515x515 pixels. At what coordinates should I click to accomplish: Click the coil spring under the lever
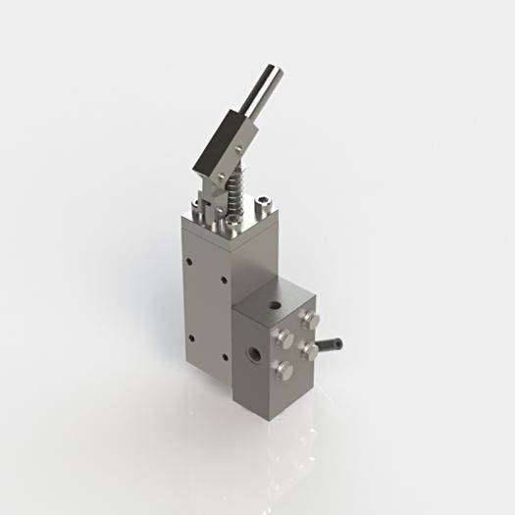click(x=235, y=196)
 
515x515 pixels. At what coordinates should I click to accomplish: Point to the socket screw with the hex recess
click(x=263, y=205)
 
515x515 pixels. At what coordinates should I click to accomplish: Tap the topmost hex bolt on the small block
click(x=314, y=320)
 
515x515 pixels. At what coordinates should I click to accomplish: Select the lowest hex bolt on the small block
click(x=284, y=369)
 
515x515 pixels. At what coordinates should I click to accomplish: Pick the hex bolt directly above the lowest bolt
click(x=285, y=338)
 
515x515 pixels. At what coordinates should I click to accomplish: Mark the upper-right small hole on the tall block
click(x=224, y=280)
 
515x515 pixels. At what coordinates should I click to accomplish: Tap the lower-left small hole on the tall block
click(x=189, y=339)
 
